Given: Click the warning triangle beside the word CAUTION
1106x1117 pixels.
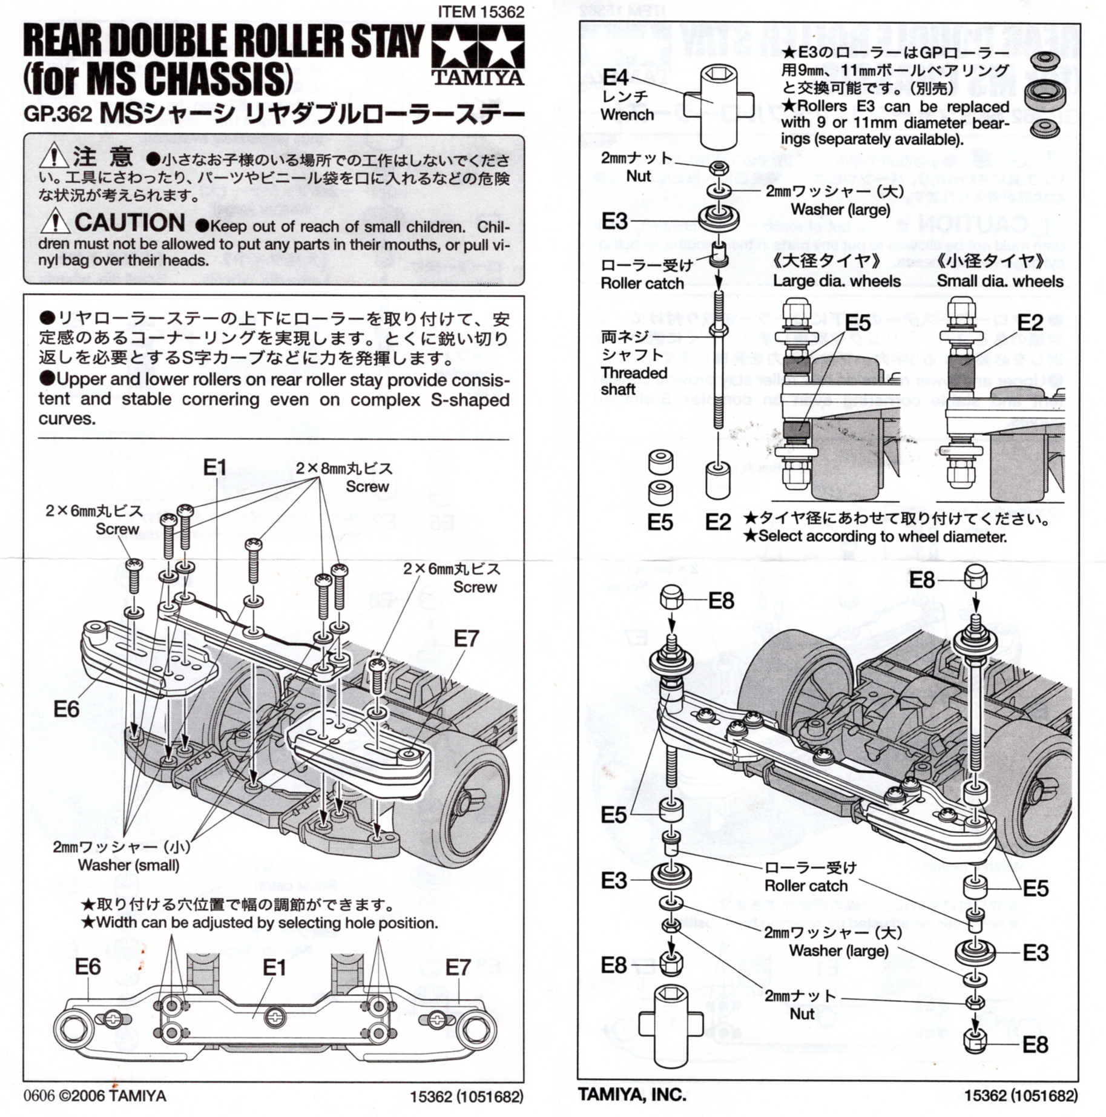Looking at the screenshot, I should pyautogui.click(x=54, y=221).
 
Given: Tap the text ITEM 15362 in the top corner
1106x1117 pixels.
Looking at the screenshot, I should pyautogui.click(x=481, y=12).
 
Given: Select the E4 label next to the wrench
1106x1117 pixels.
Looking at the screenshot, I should pyautogui.click(x=615, y=77).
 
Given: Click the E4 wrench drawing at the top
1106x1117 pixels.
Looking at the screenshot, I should pyautogui.click(x=719, y=106).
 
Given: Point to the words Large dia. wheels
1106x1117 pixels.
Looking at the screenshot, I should pyautogui.click(x=837, y=282).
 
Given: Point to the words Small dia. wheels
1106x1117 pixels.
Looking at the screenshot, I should pyautogui.click(x=1000, y=282).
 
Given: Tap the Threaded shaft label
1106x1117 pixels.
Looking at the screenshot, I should pyautogui.click(x=633, y=381).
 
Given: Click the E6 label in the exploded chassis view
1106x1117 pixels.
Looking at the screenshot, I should pyautogui.click(x=66, y=709).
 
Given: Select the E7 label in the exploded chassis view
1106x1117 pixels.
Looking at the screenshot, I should pyautogui.click(x=466, y=639).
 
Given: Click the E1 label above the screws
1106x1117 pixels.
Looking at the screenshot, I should pyautogui.click(x=214, y=467).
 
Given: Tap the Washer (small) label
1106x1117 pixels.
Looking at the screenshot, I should pyautogui.click(x=128, y=865).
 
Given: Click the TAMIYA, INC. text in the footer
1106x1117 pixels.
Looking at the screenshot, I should pyautogui.click(x=632, y=1095).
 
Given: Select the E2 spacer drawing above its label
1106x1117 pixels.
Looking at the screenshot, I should pyautogui.click(x=717, y=481).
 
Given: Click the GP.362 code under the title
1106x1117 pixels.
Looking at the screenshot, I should pyautogui.click(x=58, y=114).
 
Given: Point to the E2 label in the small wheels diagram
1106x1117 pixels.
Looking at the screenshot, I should pyautogui.click(x=1030, y=323).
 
